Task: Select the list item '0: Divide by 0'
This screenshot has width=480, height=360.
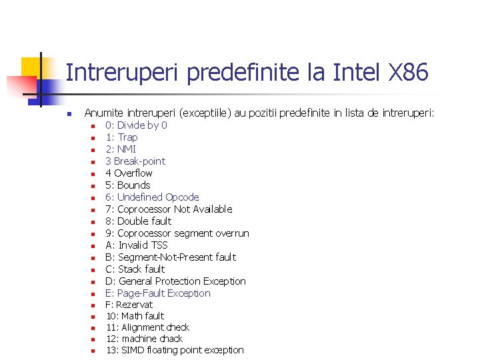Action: tap(136, 125)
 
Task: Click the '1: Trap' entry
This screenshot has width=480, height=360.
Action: tap(121, 137)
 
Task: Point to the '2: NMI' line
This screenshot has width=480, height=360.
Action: tap(121, 149)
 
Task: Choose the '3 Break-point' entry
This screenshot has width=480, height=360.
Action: tap(135, 161)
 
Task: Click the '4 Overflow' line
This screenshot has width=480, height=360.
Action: tap(129, 173)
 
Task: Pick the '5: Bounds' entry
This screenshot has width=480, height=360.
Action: tap(128, 185)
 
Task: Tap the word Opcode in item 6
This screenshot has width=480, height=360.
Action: tap(182, 197)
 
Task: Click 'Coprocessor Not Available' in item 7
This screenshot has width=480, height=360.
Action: tap(175, 209)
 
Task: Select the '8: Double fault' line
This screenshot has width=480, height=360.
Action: tap(138, 221)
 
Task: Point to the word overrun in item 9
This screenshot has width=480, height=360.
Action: tap(231, 233)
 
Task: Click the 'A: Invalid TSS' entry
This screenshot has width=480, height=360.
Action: tap(137, 245)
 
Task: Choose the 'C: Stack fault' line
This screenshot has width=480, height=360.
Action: tap(135, 269)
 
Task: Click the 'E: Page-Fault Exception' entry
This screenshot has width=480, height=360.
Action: tap(158, 293)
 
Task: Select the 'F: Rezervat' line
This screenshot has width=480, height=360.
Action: tap(129, 305)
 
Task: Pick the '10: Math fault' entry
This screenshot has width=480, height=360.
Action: tap(135, 316)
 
